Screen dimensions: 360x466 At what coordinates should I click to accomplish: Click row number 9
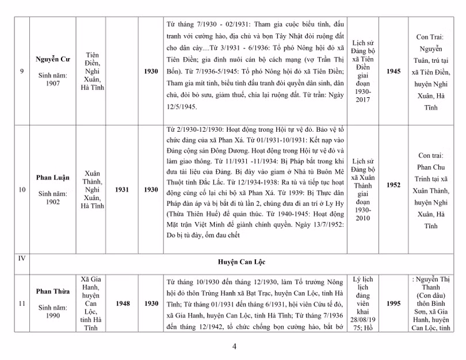click(x=21, y=71)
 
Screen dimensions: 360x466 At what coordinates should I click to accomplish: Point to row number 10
click(x=21, y=189)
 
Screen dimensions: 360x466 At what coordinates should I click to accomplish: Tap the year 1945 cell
click(x=394, y=71)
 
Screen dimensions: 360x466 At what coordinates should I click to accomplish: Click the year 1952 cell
click(x=394, y=185)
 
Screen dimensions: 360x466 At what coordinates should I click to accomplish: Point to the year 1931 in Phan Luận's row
click(x=122, y=189)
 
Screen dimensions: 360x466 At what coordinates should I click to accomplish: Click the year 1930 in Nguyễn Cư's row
click(x=151, y=71)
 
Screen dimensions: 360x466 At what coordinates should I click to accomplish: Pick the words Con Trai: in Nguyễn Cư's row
click(x=434, y=37)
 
